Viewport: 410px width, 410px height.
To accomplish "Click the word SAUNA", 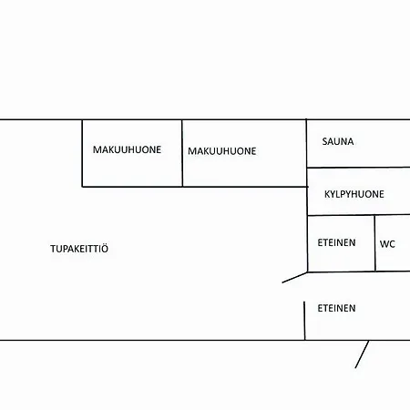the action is (x=338, y=141).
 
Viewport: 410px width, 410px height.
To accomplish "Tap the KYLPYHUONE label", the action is (x=354, y=194).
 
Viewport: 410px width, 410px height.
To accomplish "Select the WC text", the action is (x=387, y=244).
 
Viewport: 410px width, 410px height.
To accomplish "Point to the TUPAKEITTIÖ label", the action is (x=79, y=248).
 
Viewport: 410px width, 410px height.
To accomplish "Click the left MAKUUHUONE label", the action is (x=127, y=149).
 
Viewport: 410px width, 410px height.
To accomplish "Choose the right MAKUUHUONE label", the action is (x=222, y=151).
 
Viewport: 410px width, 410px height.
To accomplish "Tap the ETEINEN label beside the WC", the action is (x=336, y=242).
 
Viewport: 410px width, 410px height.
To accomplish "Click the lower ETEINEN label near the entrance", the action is (x=336, y=308).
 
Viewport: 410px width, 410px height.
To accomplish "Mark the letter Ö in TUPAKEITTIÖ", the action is (x=104, y=248).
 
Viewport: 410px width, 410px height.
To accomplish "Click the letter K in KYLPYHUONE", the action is (x=327, y=194).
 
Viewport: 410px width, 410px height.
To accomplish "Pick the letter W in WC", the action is (x=384, y=244).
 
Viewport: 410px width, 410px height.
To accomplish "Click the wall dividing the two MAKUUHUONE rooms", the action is (x=182, y=153).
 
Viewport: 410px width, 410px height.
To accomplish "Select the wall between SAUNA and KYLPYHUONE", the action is (x=358, y=167).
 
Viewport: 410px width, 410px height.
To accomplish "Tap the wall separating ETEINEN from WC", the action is (x=375, y=243).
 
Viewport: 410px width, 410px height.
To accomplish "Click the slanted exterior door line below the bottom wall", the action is (x=362, y=354).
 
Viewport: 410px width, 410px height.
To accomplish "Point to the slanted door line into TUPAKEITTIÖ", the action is (x=294, y=278).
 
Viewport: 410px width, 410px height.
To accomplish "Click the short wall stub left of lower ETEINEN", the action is (x=304, y=321).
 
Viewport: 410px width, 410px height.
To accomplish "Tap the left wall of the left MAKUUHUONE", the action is (x=82, y=153).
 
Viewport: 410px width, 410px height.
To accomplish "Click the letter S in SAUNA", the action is (x=324, y=141).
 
